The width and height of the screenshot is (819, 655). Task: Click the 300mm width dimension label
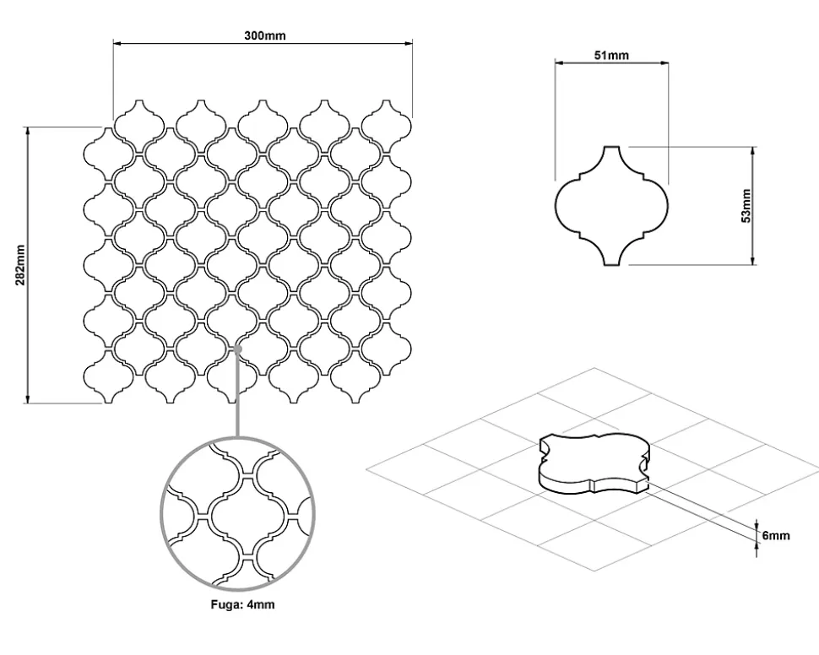tap(265, 35)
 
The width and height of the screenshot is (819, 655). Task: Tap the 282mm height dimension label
tap(20, 265)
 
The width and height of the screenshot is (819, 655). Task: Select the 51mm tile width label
tap(611, 55)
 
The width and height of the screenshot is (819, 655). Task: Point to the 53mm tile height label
tap(746, 206)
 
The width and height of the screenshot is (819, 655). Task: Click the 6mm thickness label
tap(776, 535)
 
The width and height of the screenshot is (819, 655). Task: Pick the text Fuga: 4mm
tap(242, 604)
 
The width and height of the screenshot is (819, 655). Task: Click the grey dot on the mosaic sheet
tap(237, 349)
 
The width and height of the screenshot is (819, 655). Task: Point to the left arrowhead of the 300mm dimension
tap(117, 43)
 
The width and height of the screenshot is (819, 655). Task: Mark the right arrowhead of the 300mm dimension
tap(409, 43)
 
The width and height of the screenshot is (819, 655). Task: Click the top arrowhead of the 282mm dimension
tap(27, 131)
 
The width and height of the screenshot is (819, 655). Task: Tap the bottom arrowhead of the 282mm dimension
tap(27, 399)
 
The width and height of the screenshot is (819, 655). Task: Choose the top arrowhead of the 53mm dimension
tap(752, 151)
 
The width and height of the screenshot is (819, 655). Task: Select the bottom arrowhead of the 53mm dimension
tap(752, 261)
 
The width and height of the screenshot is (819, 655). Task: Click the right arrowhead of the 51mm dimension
tap(664, 62)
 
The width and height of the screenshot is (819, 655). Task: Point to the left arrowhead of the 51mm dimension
tap(559, 62)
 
